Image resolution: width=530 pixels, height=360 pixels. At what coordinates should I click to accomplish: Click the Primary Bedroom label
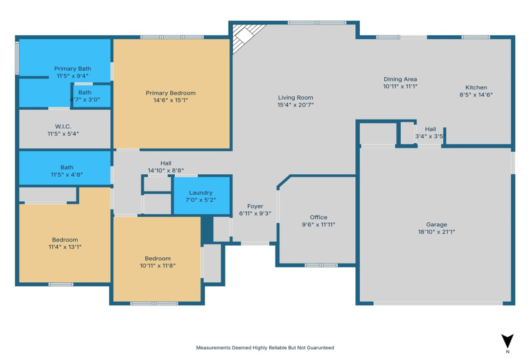(x=170, y=93)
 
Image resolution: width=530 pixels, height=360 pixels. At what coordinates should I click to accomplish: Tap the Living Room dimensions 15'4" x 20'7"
(x=296, y=105)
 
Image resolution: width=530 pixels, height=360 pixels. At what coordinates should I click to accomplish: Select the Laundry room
(x=201, y=196)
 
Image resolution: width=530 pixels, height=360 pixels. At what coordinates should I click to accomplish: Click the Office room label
(x=319, y=217)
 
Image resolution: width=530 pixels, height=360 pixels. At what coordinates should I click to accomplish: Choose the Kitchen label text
(x=476, y=87)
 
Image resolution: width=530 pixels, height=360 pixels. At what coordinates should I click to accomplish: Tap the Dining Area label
(x=400, y=79)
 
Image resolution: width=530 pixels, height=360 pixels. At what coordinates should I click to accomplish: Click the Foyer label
(x=255, y=206)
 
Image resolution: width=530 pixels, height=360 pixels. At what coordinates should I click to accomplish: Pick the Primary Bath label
(x=72, y=68)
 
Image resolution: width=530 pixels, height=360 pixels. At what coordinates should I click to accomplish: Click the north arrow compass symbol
(x=508, y=341)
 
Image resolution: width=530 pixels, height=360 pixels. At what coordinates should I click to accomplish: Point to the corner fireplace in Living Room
(x=243, y=37)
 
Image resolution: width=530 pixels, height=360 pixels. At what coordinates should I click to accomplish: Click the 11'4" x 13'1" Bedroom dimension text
(x=65, y=247)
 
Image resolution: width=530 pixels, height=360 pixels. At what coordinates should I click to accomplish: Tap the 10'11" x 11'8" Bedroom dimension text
(x=158, y=265)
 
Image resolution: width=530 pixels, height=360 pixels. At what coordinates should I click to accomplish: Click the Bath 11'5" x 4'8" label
(x=67, y=170)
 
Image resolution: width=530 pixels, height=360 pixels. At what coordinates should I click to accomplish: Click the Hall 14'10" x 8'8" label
(x=166, y=166)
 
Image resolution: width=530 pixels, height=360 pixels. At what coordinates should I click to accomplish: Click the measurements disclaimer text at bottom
(x=265, y=348)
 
